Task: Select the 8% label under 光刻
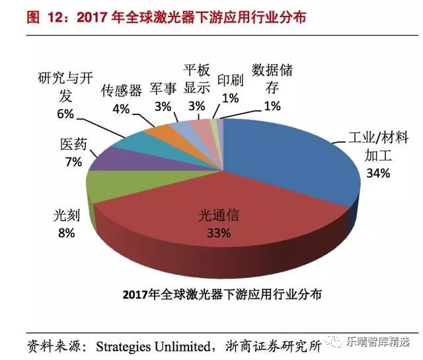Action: click(65, 233)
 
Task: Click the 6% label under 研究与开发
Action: click(65, 114)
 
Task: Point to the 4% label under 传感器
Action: click(121, 108)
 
